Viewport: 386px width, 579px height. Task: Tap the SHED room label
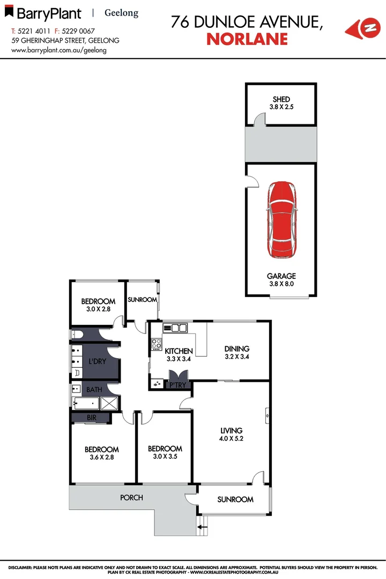point(281,99)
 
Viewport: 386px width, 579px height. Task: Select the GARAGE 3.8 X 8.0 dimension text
point(281,284)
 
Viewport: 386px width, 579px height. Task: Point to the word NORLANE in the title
point(247,39)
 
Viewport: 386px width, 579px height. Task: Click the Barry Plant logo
point(47,13)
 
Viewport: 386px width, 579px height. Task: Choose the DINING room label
point(236,348)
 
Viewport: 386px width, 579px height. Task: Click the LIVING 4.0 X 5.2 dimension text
point(232,438)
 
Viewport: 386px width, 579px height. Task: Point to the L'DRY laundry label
point(97,362)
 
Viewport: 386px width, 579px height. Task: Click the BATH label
point(94,390)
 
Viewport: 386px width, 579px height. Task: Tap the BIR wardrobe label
point(92,417)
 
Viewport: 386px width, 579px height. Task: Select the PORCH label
point(131,498)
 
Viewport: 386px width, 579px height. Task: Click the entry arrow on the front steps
point(203,528)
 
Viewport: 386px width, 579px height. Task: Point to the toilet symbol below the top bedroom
point(76,335)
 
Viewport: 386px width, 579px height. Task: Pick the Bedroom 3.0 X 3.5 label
point(165,452)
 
